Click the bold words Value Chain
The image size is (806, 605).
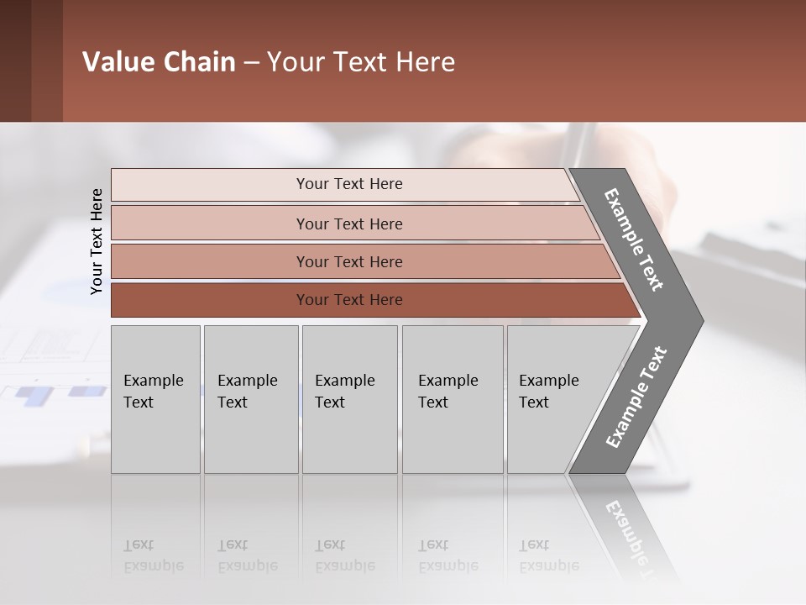(159, 62)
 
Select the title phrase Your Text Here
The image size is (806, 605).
(361, 62)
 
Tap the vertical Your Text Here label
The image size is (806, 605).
(97, 241)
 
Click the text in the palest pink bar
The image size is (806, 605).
(349, 184)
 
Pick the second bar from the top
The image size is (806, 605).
(353, 224)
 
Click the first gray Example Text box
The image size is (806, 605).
(155, 398)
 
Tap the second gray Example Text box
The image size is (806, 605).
(250, 398)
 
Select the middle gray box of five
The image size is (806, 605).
(349, 398)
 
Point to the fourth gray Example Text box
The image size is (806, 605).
(452, 398)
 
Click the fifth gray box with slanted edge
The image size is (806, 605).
(558, 398)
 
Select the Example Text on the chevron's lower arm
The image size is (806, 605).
(636, 397)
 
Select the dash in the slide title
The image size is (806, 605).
(251, 63)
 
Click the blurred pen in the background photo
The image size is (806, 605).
(577, 147)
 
